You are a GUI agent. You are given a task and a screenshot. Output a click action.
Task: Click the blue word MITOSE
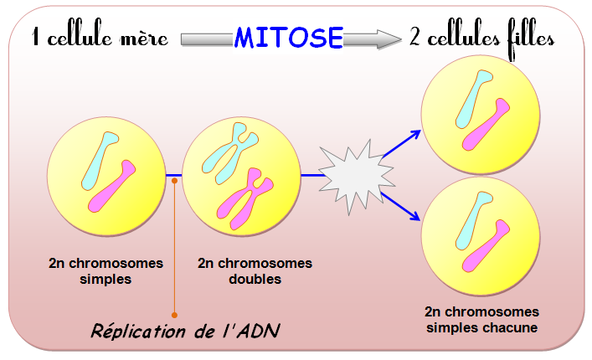pyautogui.click(x=289, y=37)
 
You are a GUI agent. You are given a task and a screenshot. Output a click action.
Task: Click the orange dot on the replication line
pyautogui.click(x=174, y=176)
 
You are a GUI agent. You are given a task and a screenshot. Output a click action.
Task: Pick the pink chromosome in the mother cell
pyautogui.click(x=113, y=184)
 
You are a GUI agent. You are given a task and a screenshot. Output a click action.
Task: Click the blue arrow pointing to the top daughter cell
pyautogui.click(x=402, y=144)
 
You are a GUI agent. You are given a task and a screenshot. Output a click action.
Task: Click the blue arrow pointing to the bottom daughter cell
pyautogui.click(x=402, y=205)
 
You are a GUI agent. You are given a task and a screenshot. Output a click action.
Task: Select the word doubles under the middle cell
pyautogui.click(x=255, y=280)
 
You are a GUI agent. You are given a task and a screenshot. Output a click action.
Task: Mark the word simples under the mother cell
pyautogui.click(x=106, y=280)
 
